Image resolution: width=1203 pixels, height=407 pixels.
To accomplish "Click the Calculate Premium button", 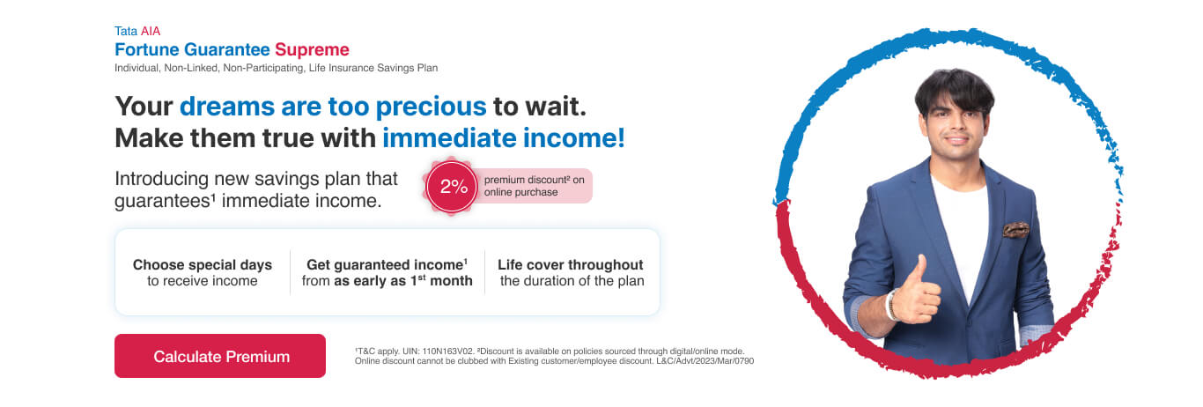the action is pyautogui.click(x=220, y=356).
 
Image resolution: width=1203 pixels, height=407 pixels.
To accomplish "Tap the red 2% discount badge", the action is pyautogui.click(x=452, y=186).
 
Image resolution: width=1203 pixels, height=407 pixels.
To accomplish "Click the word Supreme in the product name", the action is pyautogui.click(x=312, y=49).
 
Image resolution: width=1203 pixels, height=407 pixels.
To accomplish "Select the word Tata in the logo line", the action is pyautogui.click(x=126, y=31).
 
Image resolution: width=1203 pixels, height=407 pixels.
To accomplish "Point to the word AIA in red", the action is pyautogui.click(x=151, y=31).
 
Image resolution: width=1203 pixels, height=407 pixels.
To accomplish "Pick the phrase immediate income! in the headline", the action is pyautogui.click(x=504, y=138).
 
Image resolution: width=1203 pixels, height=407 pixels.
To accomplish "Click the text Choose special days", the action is pyautogui.click(x=203, y=264).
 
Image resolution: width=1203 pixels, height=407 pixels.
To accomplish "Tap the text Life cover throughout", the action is pyautogui.click(x=571, y=264).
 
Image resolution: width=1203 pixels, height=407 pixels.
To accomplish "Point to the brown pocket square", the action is pyautogui.click(x=1015, y=230).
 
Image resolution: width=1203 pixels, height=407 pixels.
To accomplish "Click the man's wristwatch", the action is pyautogui.click(x=891, y=305).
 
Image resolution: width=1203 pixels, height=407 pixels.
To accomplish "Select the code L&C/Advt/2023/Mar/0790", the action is pyautogui.click(x=705, y=361).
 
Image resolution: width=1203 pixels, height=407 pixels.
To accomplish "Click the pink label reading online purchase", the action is pyautogui.click(x=520, y=192).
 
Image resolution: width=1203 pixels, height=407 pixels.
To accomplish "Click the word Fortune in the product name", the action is pyautogui.click(x=146, y=49).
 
